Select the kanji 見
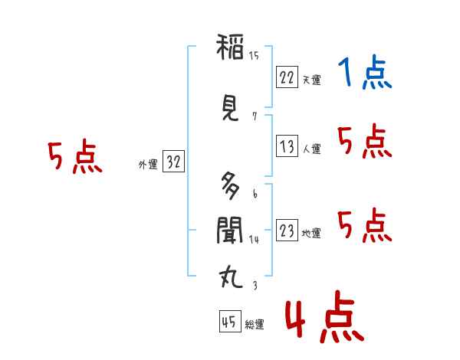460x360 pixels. [229, 110]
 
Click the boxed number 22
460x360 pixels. [287, 77]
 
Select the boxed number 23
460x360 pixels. [287, 231]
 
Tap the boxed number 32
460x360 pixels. [173, 162]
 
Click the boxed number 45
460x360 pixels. [228, 322]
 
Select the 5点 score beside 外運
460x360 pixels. [74, 157]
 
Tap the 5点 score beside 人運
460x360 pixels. [363, 142]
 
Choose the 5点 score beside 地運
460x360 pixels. [363, 225]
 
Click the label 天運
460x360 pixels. [311, 80]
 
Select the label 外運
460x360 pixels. [147, 165]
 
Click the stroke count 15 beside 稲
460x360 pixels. [254, 55]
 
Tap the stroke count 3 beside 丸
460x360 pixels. [254, 286]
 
